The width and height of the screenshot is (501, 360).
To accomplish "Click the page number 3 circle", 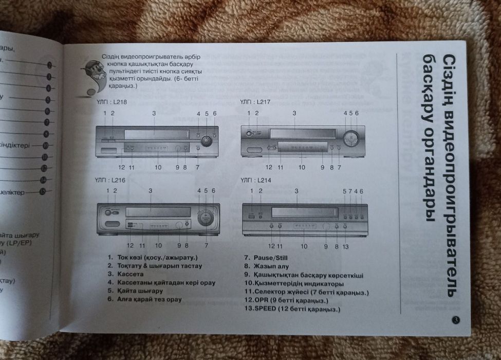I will point(455,320).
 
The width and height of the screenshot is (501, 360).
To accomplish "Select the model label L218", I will point(111,102).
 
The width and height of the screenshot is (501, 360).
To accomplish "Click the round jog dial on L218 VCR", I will point(207,140).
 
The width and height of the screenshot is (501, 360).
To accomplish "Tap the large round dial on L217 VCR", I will point(350,138).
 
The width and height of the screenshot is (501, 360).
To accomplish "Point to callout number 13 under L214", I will point(346,246).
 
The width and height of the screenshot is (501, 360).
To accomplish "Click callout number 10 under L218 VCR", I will point(158,167).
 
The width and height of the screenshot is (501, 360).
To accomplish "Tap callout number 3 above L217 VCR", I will point(294,113).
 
